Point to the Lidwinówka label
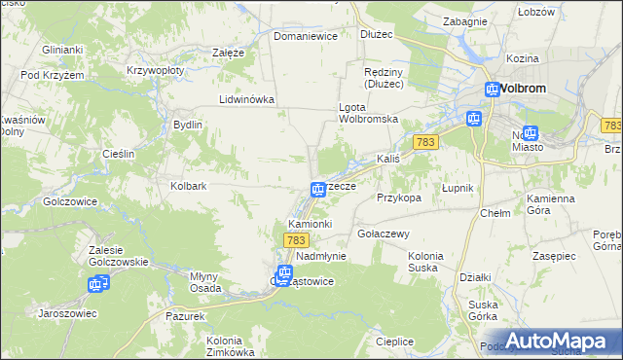click(247, 99)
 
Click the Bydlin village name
click(187, 125)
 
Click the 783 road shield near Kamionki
click(297, 239)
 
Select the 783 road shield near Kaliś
click(423, 142)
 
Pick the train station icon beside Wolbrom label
click(494, 90)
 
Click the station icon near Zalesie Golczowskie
click(96, 284)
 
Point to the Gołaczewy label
click(383, 234)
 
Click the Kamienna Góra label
click(552, 203)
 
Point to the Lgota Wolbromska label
click(369, 113)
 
